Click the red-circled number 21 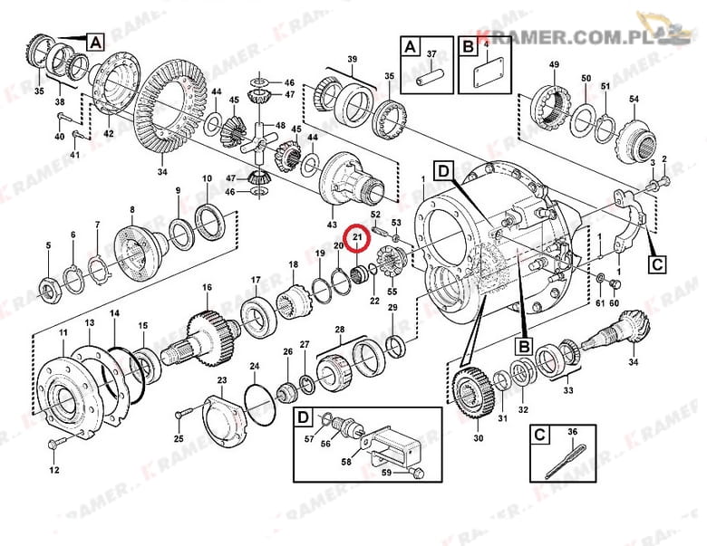(x=357, y=236)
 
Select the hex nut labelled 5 (x=48, y=289)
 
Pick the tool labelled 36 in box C (x=566, y=461)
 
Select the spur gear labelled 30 (x=472, y=394)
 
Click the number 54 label (x=634, y=99)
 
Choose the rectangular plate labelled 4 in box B (x=489, y=72)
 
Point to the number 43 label (x=332, y=225)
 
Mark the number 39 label (x=353, y=59)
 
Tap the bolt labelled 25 (x=185, y=412)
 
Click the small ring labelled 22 (x=373, y=269)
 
